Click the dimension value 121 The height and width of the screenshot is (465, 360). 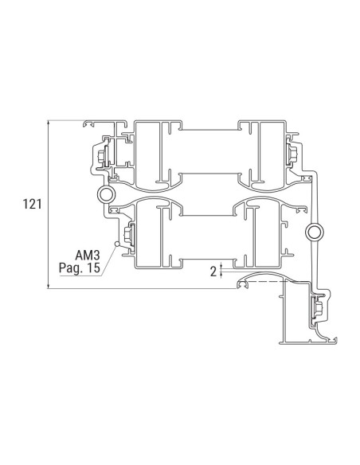click(x=32, y=205)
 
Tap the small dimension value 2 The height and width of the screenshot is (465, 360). click(x=213, y=271)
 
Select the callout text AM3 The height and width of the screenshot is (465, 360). click(x=87, y=256)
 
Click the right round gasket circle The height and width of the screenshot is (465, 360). click(x=314, y=232)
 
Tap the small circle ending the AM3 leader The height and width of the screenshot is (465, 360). click(x=117, y=243)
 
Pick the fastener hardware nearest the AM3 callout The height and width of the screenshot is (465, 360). click(x=128, y=235)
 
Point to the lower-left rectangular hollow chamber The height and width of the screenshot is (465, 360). click(x=149, y=235)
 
